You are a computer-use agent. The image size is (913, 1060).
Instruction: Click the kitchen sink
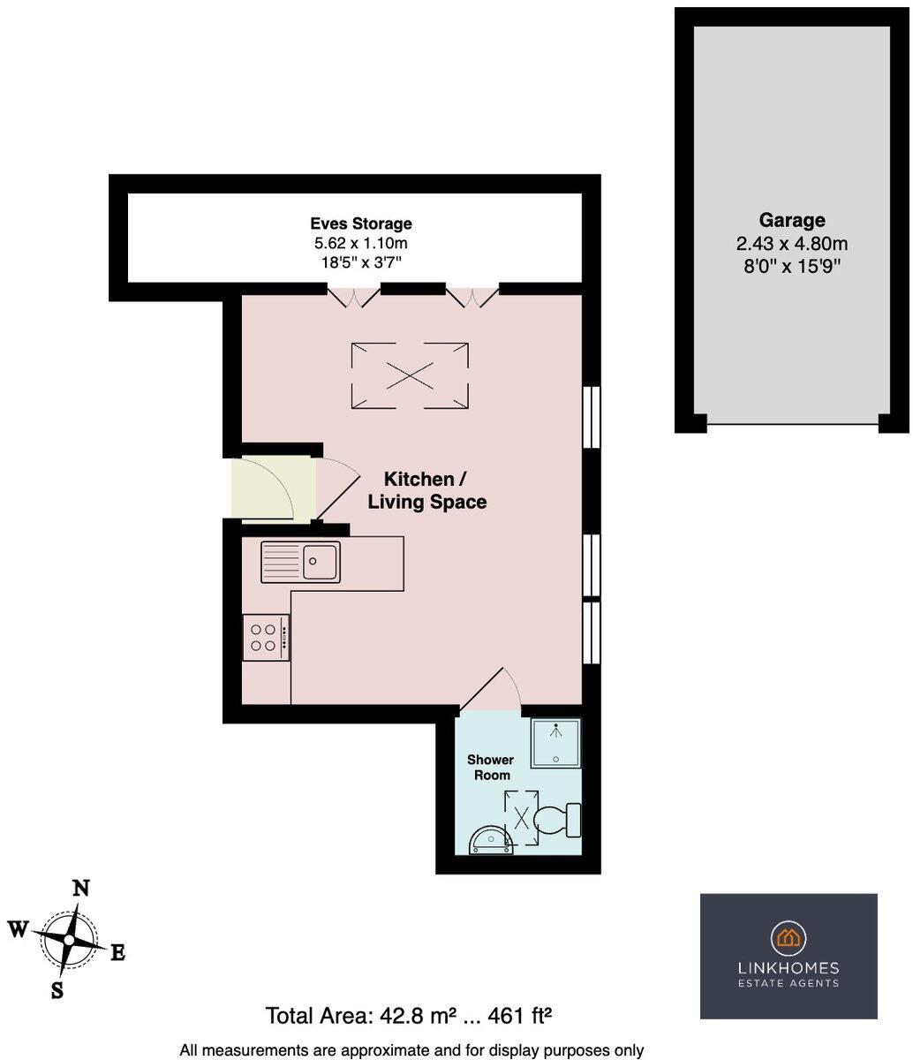[301, 562]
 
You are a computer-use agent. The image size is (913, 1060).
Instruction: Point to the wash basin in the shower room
[491, 840]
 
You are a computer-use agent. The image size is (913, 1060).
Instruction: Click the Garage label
[791, 220]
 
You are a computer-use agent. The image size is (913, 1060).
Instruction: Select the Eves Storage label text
[360, 223]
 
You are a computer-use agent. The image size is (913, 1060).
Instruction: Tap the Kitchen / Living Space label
[427, 490]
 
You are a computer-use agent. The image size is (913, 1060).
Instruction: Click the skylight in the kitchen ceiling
[411, 375]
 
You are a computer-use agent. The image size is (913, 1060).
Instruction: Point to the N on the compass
[80, 889]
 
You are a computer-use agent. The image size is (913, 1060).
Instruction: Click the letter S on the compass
[57, 989]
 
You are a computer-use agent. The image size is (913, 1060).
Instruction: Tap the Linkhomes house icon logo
[788, 937]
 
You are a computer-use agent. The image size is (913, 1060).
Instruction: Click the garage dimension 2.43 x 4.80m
[791, 244]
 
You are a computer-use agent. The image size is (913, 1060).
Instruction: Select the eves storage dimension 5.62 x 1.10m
[360, 243]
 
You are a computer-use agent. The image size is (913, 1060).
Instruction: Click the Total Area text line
[411, 1015]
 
